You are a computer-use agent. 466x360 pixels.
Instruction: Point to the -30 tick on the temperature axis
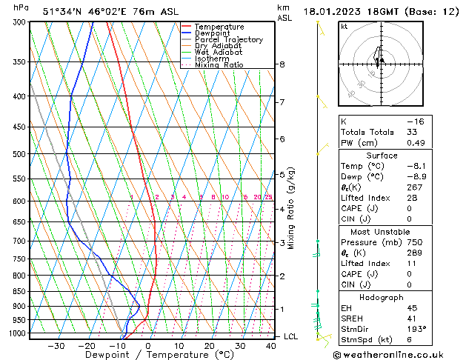(x=56, y=346)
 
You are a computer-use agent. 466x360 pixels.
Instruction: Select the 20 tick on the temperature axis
(x=210, y=346)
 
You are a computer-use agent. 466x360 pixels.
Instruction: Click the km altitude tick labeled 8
(x=282, y=64)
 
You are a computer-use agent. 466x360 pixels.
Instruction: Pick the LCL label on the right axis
(x=291, y=336)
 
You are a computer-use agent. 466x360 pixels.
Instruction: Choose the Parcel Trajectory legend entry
(x=228, y=40)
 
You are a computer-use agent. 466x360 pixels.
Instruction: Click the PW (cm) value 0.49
(x=416, y=143)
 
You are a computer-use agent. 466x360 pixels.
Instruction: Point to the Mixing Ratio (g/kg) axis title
(x=291, y=208)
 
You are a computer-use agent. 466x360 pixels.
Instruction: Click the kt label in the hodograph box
(x=344, y=27)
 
